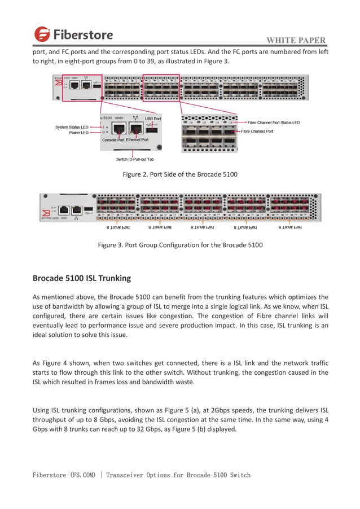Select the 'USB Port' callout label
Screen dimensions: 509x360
click(153, 119)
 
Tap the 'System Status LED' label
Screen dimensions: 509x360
click(72, 127)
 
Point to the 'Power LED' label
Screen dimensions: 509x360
click(78, 133)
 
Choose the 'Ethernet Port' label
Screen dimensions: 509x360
click(137, 139)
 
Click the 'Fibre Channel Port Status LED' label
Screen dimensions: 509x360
click(274, 122)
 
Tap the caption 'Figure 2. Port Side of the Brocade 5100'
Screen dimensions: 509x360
click(180, 174)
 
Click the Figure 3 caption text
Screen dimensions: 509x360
click(180, 245)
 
